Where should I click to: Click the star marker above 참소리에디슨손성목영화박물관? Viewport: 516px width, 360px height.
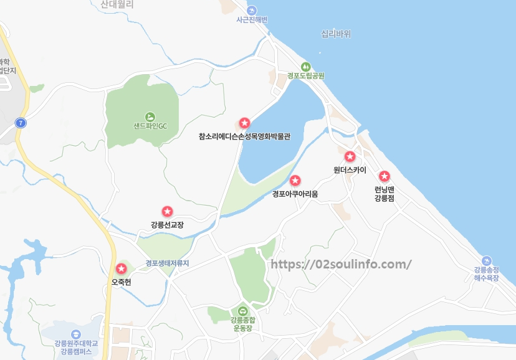click(244, 123)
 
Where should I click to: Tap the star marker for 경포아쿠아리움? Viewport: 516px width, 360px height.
click(295, 181)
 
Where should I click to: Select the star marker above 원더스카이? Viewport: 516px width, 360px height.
click(350, 156)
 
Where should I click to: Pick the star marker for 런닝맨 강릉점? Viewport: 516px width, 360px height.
click(385, 176)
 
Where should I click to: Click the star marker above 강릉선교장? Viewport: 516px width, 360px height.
click(167, 212)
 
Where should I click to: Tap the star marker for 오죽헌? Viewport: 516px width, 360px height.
click(121, 269)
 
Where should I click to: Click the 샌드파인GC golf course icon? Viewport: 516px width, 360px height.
click(150, 116)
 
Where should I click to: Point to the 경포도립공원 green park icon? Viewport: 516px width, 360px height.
click(305, 67)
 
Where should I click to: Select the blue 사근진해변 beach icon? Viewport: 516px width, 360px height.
click(252, 11)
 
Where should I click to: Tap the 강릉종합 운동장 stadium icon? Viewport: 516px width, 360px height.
click(242, 311)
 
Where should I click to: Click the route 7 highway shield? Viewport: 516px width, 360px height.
click(22, 123)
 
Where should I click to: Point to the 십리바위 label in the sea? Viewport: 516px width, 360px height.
click(336, 34)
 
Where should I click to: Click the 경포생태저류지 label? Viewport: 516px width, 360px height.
click(167, 263)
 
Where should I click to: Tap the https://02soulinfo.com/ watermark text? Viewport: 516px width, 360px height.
click(341, 263)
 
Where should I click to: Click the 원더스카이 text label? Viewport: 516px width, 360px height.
click(350, 170)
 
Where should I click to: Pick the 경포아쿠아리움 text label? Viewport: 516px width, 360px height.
click(295, 194)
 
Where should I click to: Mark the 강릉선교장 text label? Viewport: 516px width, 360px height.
click(167, 225)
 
